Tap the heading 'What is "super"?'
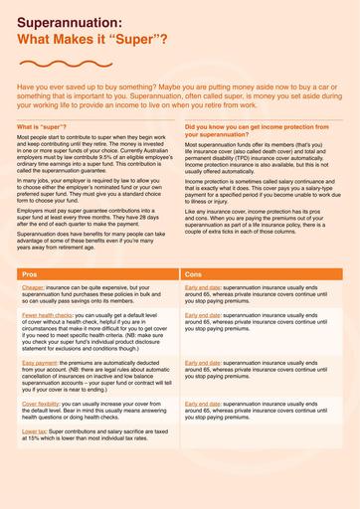pyautogui.click(x=43, y=128)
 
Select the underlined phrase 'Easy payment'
pyautogui.click(x=38, y=364)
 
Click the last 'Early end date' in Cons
pyautogui.click(x=203, y=406)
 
